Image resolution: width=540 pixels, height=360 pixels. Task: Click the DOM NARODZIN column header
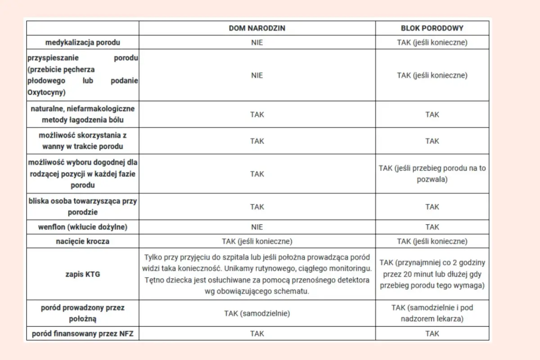tap(257, 28)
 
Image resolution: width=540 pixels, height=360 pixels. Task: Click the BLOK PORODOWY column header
tap(432, 28)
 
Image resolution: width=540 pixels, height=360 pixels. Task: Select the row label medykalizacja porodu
tap(82, 43)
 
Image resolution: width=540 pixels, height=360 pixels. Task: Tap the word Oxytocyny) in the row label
tap(46, 93)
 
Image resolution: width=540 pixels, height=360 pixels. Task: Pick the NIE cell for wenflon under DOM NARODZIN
tap(257, 227)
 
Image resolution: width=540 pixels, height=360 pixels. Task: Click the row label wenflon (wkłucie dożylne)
tap(82, 227)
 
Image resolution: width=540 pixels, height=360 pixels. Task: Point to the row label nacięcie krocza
tap(82, 241)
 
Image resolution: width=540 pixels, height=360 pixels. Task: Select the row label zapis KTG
tap(82, 274)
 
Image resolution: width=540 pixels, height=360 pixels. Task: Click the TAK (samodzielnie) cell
tap(257, 314)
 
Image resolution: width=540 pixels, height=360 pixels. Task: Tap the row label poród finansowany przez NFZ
tap(82, 334)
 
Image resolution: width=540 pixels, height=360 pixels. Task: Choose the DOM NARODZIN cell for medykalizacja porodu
tap(257, 43)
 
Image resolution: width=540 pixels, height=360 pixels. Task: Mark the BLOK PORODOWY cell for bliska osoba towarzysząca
tap(432, 207)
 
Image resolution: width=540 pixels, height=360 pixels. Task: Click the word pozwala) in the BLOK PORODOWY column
tap(432, 179)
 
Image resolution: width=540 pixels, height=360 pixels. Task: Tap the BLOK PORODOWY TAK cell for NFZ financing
tap(432, 334)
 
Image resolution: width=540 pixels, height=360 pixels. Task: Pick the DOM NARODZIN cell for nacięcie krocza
tap(257, 241)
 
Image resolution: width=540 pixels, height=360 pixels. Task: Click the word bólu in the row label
tap(115, 120)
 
